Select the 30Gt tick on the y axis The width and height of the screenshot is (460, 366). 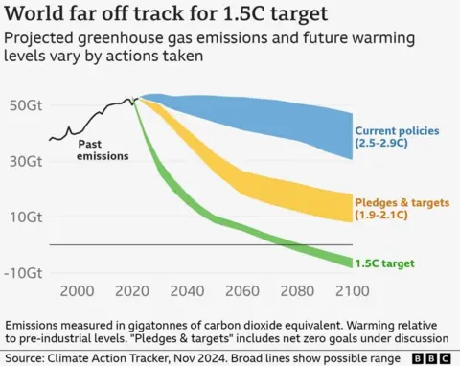[25, 161]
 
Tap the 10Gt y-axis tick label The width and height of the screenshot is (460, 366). [25, 217]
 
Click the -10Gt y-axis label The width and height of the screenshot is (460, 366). [23, 272]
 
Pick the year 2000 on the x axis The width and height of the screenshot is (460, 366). [77, 291]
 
